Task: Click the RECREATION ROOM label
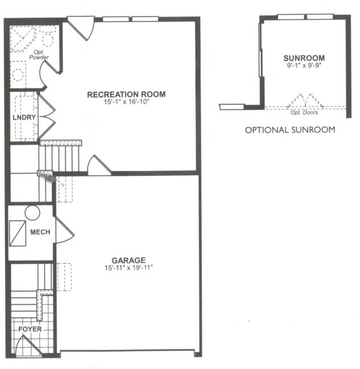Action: point(126,94)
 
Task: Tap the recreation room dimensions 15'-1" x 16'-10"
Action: point(126,102)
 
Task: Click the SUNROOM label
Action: point(304,58)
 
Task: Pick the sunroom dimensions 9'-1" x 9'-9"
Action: point(304,65)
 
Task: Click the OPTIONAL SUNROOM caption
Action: point(290,130)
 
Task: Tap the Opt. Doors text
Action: point(304,112)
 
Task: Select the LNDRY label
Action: point(24,118)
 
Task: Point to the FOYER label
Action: point(28,330)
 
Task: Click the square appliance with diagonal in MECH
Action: point(18,233)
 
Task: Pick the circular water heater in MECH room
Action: point(32,213)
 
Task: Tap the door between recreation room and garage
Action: point(98,166)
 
